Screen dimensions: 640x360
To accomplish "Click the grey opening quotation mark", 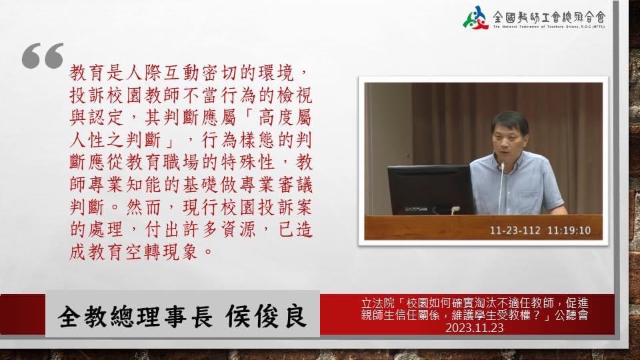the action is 43,55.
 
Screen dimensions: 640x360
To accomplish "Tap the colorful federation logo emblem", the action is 475,17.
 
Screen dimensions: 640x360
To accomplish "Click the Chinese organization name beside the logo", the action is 549,17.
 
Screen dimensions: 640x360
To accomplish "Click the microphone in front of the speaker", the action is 501,188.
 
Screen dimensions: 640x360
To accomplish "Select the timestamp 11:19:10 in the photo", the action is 569,231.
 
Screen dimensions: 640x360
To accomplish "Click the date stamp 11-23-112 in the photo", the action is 515,231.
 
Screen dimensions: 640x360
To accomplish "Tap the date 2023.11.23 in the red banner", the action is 474,328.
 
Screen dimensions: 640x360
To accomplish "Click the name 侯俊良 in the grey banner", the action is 266,316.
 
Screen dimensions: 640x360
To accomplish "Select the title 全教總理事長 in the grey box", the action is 135,317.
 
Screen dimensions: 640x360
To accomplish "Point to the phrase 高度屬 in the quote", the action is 285,117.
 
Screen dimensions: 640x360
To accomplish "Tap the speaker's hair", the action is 511,121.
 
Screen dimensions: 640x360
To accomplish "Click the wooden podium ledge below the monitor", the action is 483,227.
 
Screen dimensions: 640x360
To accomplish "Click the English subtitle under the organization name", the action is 549,27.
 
